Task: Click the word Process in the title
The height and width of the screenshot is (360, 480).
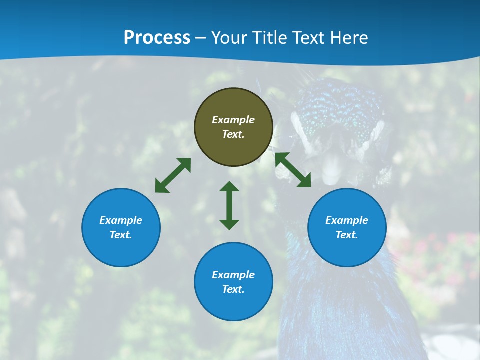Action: pos(157,38)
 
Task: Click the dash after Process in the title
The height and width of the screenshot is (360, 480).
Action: pos(200,38)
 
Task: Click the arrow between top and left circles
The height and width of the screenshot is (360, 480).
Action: pos(173,175)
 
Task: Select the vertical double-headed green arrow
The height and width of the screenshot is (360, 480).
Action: pos(229,205)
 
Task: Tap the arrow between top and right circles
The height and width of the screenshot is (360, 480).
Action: pos(293,170)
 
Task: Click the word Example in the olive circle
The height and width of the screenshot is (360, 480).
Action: pos(233,120)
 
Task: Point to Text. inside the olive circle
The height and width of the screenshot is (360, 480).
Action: pos(233,134)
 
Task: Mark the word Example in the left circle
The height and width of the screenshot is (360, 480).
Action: pos(121,220)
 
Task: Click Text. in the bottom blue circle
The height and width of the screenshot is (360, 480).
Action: pos(233,289)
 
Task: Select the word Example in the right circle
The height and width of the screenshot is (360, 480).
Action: pos(347,220)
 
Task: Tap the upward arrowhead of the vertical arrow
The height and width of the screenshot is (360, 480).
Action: pos(229,187)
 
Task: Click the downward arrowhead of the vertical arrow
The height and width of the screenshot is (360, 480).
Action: pos(229,224)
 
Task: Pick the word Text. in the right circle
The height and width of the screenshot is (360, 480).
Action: pos(347,235)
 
